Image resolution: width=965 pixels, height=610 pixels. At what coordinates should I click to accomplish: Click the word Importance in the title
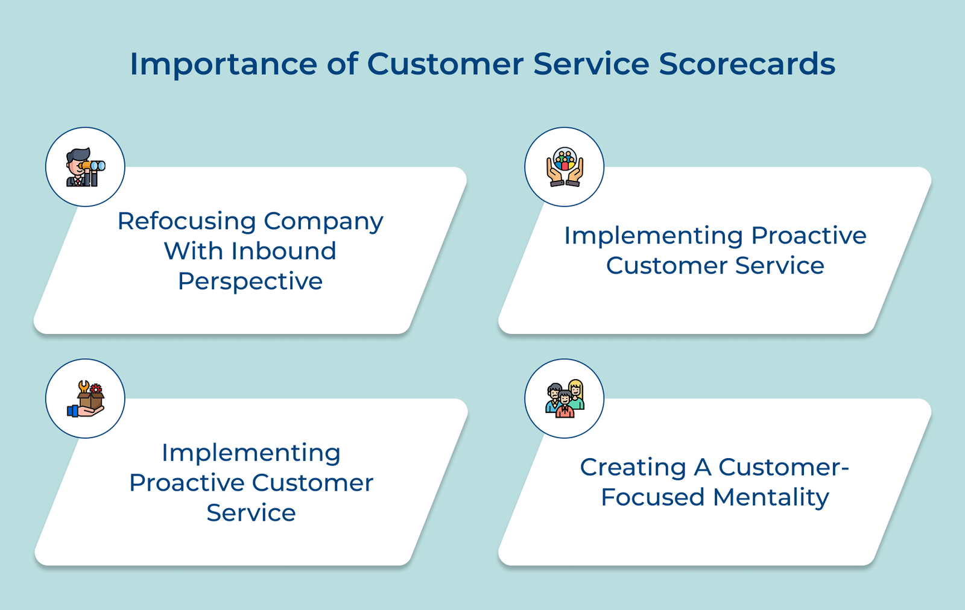coord(223,64)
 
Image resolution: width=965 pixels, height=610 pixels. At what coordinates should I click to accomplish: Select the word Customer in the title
coord(445,64)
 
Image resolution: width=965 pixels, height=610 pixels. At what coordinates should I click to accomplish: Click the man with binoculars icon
coord(85,167)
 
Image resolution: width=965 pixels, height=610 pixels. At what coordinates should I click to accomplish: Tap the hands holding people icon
coord(565,167)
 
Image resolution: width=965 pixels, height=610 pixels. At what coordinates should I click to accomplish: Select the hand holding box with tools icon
coord(85,399)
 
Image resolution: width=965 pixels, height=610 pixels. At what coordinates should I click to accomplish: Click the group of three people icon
coord(565,399)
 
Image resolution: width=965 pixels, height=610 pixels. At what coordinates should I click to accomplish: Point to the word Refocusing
coord(187,221)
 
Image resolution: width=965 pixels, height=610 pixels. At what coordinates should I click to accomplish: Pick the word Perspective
coord(250,281)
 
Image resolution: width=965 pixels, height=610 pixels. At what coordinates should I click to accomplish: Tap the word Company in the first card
coord(323,221)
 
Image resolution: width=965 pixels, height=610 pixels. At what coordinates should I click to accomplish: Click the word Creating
coord(633,467)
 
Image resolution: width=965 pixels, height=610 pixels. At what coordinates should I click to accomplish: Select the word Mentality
coord(771,497)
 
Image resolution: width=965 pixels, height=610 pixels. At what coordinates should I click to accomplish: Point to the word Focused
coord(653,497)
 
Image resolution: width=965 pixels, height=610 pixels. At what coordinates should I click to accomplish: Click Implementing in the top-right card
coord(653,236)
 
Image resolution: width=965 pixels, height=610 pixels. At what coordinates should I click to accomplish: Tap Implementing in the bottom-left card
coord(251,453)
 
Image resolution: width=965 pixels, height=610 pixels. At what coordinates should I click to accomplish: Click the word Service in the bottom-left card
coord(251,513)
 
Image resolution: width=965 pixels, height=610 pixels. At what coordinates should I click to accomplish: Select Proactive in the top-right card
coord(809,236)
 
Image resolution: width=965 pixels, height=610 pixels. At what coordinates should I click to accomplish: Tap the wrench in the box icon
coord(84,386)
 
